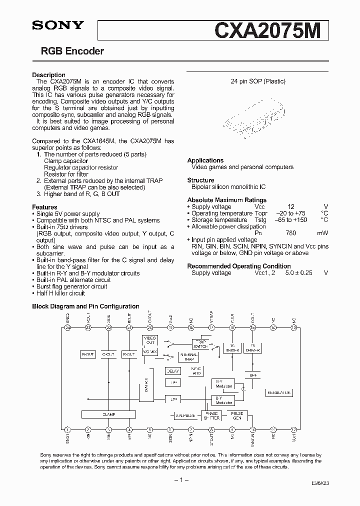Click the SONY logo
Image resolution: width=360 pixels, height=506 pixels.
click(x=57, y=25)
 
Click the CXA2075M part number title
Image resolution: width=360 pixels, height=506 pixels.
click(x=270, y=30)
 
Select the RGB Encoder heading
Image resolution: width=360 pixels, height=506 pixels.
click(x=72, y=51)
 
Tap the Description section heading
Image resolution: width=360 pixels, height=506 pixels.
click(x=48, y=75)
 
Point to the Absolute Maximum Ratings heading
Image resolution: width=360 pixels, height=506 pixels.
click(x=226, y=200)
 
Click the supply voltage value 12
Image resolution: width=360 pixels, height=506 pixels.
click(x=290, y=206)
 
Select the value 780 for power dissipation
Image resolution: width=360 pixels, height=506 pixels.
click(x=290, y=233)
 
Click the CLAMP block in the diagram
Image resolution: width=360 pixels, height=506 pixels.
click(x=108, y=414)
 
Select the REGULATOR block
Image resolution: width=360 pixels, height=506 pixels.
click(x=279, y=393)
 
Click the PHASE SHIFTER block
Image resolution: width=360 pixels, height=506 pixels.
click(x=211, y=415)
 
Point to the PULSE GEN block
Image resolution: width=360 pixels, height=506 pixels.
click(x=237, y=415)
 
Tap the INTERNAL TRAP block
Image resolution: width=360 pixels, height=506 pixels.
click(x=188, y=356)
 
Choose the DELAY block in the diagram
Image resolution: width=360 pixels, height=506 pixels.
click(x=173, y=371)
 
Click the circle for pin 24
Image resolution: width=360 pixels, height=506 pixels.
click(x=67, y=327)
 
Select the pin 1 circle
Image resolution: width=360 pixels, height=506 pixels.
click(x=67, y=429)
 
